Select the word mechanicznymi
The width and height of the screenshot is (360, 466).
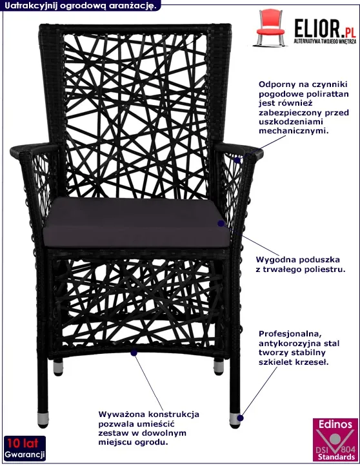(x=294, y=131)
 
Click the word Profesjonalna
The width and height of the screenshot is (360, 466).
(x=290, y=334)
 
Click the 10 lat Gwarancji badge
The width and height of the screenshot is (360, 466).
(x=25, y=448)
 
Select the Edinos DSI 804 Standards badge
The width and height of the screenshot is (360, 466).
(x=335, y=440)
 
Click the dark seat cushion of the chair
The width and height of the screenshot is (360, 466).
(x=137, y=222)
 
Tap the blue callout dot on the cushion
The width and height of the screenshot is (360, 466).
(x=221, y=223)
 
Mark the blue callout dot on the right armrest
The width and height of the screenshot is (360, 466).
(x=237, y=160)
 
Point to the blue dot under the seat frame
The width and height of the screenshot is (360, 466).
(x=134, y=353)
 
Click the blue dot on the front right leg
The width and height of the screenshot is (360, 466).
(x=241, y=418)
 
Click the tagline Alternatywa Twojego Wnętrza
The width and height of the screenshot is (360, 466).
(x=325, y=41)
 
